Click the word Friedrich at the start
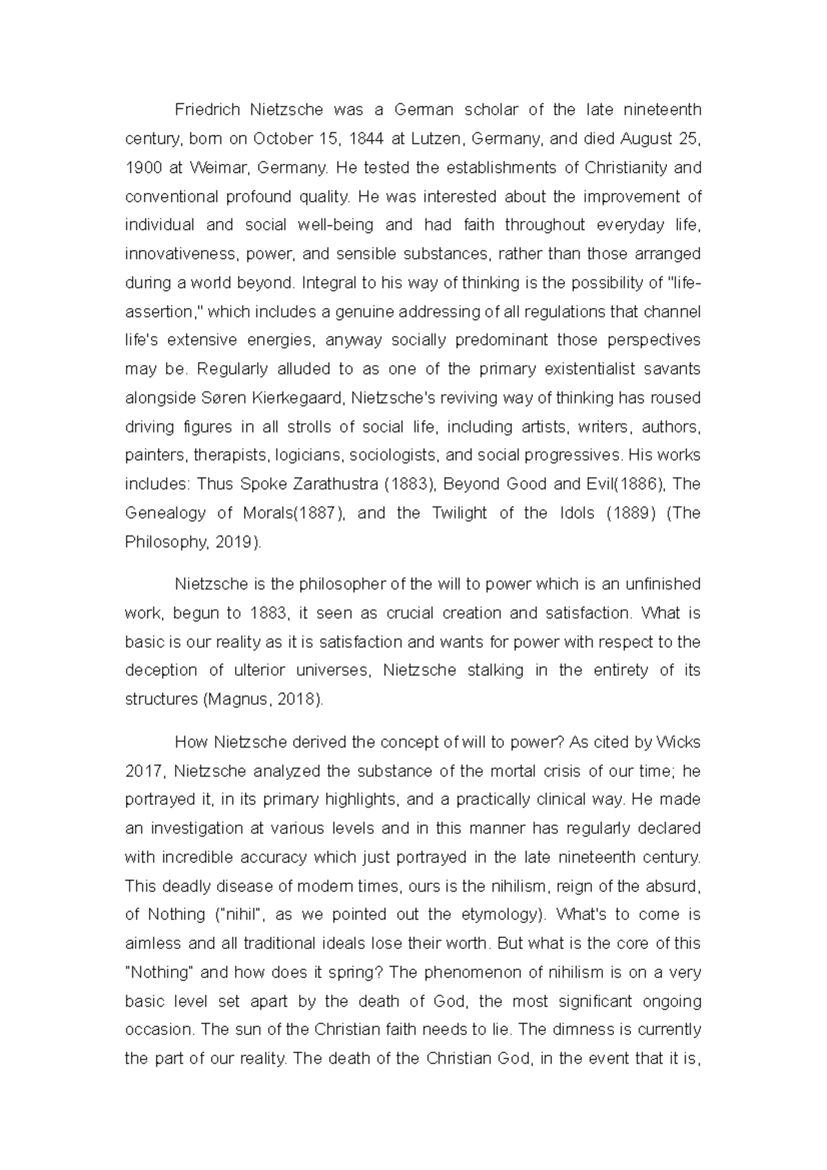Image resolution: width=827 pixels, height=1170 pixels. (207, 110)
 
